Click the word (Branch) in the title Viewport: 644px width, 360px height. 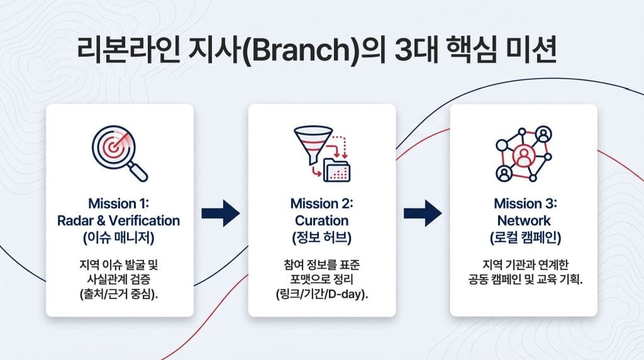pyautogui.click(x=301, y=50)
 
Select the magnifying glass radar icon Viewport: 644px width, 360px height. pyautogui.click(x=119, y=154)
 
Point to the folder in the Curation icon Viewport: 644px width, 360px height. pyautogui.click(x=337, y=170)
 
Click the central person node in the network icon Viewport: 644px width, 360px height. pyautogui.click(x=523, y=155)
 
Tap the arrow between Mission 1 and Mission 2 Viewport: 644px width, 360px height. pyautogui.click(x=221, y=213)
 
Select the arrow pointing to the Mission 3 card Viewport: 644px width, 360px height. pyautogui.click(x=423, y=213)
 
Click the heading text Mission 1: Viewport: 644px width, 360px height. pyautogui.click(x=119, y=203)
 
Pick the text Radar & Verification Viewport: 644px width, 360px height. pyautogui.click(x=119, y=220)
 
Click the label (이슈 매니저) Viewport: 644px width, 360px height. pyautogui.click(x=119, y=237)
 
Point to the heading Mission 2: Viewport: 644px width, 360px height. pyautogui.click(x=321, y=203)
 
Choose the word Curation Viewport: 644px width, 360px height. pyautogui.click(x=321, y=220)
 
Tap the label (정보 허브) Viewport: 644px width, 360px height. pyautogui.click(x=321, y=237)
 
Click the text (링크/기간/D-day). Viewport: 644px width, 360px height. pyautogui.click(x=322, y=295)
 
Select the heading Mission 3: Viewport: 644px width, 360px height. pyautogui.click(x=525, y=203)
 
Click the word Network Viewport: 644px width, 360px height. pyautogui.click(x=524, y=220)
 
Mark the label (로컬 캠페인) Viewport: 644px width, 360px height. pyautogui.click(x=525, y=237)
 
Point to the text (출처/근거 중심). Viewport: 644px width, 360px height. pyautogui.click(x=119, y=295)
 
